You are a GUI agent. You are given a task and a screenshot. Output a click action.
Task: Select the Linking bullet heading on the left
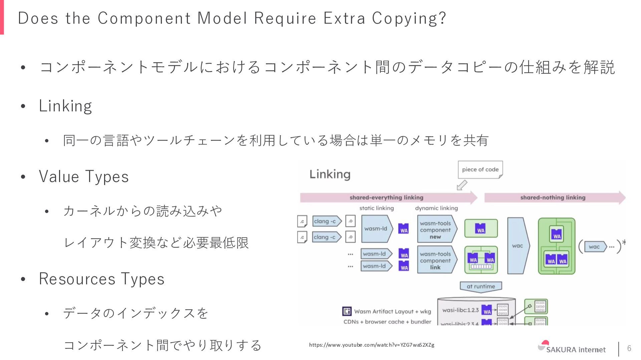[x=65, y=106]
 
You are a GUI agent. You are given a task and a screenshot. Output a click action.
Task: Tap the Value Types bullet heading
[x=83, y=176]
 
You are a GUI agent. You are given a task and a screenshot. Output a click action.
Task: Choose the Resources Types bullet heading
[x=101, y=279]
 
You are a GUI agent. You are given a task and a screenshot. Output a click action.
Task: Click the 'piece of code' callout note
[x=480, y=169]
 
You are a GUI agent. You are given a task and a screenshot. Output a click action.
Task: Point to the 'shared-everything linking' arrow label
[x=386, y=198]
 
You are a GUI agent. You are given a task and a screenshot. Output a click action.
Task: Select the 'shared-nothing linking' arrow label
[x=553, y=198]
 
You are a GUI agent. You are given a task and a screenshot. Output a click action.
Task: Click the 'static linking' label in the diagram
[x=376, y=208]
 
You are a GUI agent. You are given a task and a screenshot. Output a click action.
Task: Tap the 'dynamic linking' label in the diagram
[x=436, y=208]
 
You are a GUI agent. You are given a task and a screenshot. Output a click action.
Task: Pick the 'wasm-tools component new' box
[x=435, y=230]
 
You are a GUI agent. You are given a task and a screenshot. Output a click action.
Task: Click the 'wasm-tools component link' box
[x=435, y=261]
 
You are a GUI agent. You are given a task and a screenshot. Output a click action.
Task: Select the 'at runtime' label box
[x=481, y=286]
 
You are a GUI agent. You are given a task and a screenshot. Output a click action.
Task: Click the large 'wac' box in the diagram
[x=517, y=246]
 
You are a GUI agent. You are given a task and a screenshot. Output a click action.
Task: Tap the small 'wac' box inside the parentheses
[x=594, y=247]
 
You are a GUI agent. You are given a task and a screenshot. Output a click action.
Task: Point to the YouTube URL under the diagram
[x=372, y=345]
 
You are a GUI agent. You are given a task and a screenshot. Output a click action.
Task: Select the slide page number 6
[x=629, y=348]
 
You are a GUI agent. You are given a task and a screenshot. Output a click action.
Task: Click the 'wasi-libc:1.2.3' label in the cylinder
[x=460, y=310]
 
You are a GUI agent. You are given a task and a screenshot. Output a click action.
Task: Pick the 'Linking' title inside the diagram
[x=330, y=174]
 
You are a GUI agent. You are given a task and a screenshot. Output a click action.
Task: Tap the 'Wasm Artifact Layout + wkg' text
[x=392, y=312]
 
